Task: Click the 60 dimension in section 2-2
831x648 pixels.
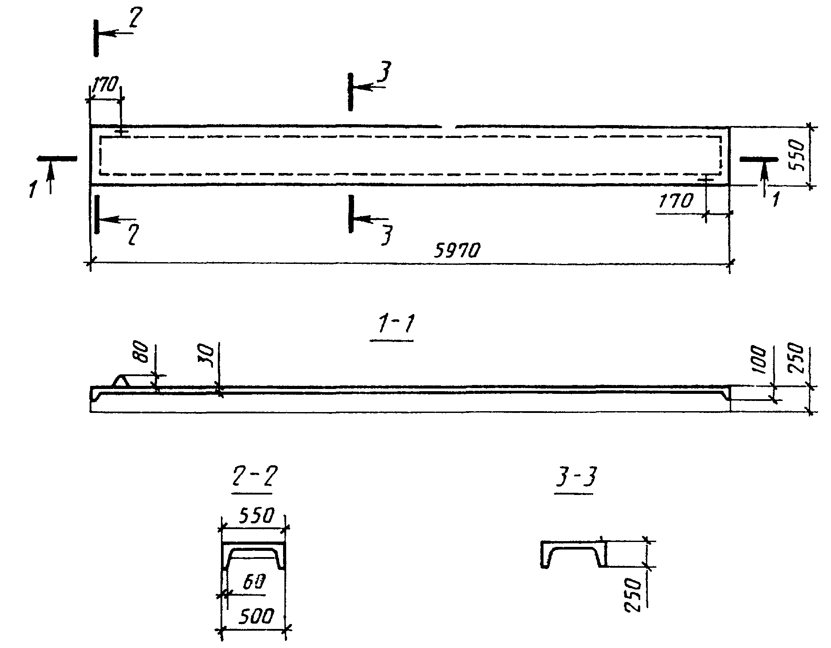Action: coord(254,581)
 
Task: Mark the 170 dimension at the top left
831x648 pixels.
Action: coord(105,84)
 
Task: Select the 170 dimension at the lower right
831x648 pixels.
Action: coord(675,202)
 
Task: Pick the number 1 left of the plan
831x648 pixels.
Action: coord(32,189)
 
